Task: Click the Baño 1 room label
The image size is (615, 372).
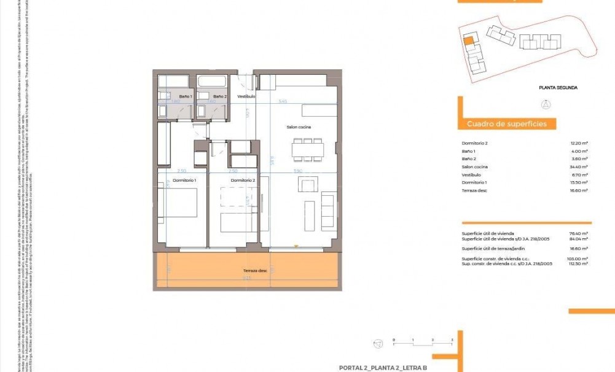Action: pos(186,96)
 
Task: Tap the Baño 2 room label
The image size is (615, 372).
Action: pos(220,96)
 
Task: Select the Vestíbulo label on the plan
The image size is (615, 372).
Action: pos(246,96)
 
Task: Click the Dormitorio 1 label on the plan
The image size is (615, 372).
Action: pos(184,180)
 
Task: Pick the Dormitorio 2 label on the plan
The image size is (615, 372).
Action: pos(242,180)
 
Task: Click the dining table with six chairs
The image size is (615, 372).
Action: pos(307,148)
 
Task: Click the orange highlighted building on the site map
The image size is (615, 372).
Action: pos(468,41)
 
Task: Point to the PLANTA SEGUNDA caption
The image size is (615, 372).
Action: pos(558,88)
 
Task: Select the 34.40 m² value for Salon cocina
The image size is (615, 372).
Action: pos(579,167)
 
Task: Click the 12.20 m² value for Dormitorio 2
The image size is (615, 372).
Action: pos(579,143)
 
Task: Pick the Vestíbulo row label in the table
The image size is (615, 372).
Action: pos(471,175)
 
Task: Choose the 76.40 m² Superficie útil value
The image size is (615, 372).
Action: pos(579,233)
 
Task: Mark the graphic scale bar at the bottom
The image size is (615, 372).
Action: pos(422,340)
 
